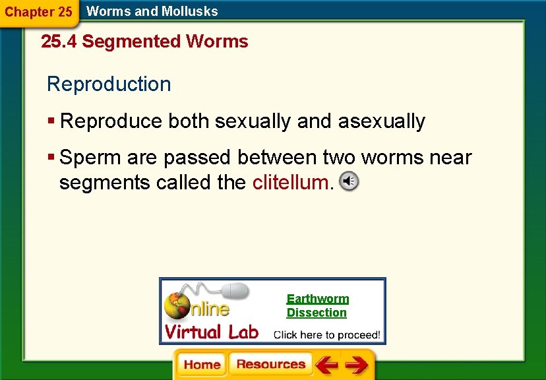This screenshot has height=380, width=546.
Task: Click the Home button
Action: tap(202, 365)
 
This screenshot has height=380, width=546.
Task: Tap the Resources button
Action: tap(270, 365)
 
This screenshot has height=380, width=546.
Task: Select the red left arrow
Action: tap(326, 365)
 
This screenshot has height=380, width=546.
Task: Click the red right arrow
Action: tap(357, 365)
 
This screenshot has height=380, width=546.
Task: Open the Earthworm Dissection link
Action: tap(317, 305)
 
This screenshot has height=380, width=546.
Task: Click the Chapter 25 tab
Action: tap(38, 12)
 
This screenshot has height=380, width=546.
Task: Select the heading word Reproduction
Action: tap(109, 84)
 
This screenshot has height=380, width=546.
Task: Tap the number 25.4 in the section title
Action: tap(59, 42)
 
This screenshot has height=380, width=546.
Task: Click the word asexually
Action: tap(382, 121)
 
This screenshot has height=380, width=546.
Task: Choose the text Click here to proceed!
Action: tap(326, 334)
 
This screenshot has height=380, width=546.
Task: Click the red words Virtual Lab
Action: tap(211, 331)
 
